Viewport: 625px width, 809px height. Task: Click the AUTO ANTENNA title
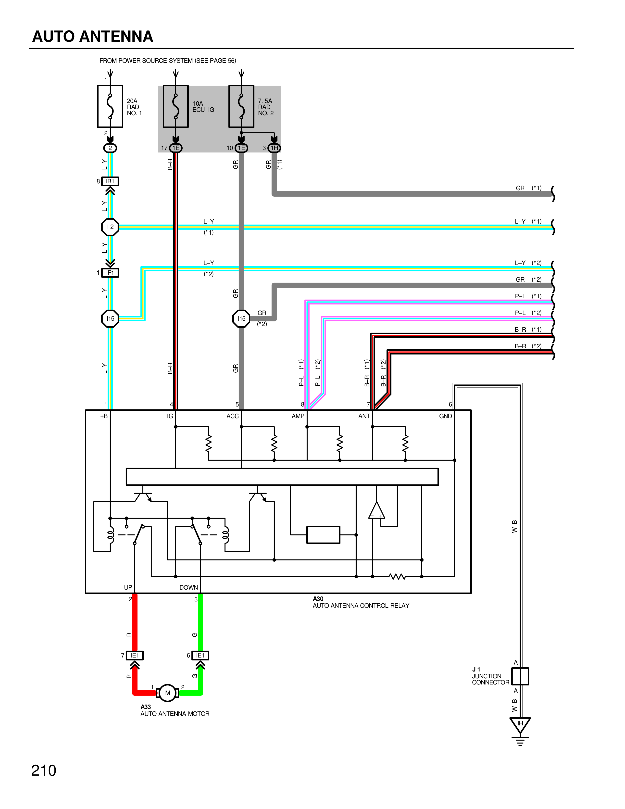coord(93,36)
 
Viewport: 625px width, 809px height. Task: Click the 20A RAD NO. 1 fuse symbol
coord(110,107)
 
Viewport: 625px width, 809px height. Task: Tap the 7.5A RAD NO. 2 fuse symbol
coord(241,107)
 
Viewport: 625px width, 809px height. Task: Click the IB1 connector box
coord(110,181)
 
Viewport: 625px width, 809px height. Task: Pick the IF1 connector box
coord(110,273)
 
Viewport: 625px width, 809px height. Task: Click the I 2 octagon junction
coord(110,227)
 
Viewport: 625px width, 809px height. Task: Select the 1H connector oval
coord(274,148)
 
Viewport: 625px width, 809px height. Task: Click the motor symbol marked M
coord(168,693)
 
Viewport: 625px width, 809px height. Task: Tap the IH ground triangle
coord(520,724)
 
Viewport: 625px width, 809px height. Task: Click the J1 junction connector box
coord(520,676)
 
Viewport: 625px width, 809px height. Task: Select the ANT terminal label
coord(364,416)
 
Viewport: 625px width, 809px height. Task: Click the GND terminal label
coord(445,416)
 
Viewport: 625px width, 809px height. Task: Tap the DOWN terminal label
coord(188,587)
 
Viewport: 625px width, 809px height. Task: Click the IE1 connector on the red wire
coord(135,655)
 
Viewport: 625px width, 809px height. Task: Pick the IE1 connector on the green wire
coord(200,655)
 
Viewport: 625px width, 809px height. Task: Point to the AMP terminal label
coord(298,416)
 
